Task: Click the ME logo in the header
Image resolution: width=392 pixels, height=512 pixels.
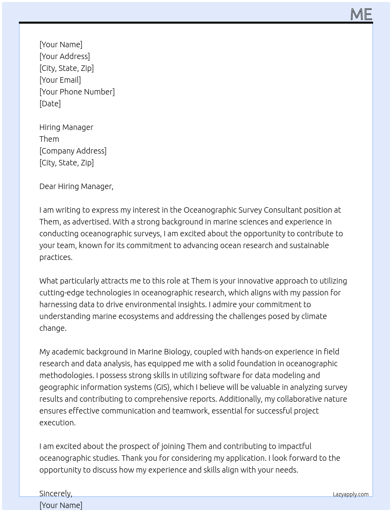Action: click(361, 14)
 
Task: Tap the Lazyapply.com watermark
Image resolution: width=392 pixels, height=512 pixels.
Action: click(350, 494)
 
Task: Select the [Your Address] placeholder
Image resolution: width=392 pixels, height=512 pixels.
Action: click(65, 56)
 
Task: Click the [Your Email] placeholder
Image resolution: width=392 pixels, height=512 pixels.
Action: click(60, 80)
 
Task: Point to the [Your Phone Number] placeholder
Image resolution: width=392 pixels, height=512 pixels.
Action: click(77, 92)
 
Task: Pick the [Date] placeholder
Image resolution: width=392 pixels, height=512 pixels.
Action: click(50, 104)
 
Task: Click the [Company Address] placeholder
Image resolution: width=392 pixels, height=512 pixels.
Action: click(73, 151)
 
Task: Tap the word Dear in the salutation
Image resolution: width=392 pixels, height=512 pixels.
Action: click(48, 186)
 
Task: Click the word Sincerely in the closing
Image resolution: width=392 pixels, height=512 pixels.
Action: click(55, 493)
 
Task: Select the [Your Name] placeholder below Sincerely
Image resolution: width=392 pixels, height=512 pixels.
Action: click(61, 505)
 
